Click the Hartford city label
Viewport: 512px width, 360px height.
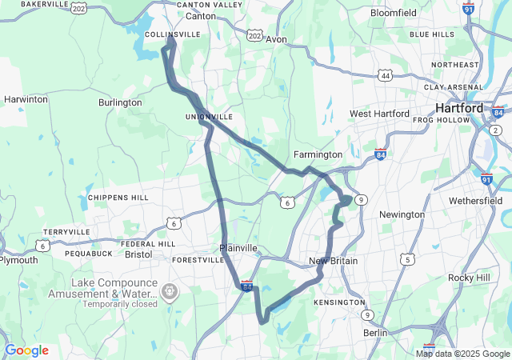pyautogui.click(x=459, y=108)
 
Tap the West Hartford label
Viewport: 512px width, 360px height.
pyautogui.click(x=380, y=114)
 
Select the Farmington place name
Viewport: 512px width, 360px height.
pyautogui.click(x=318, y=154)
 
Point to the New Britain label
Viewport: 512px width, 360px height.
pyautogui.click(x=334, y=262)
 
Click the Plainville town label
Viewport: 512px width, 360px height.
pyautogui.click(x=238, y=248)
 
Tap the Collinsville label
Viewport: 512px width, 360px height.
pyautogui.click(x=172, y=34)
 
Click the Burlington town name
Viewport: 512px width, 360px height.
pyautogui.click(x=119, y=103)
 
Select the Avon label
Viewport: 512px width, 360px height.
pyautogui.click(x=276, y=38)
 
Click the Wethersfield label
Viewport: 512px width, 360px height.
pyautogui.click(x=475, y=200)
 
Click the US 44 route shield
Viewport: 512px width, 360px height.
pyautogui.click(x=386, y=75)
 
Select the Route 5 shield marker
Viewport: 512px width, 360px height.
pyautogui.click(x=408, y=259)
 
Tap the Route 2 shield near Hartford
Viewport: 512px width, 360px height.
pyautogui.click(x=496, y=130)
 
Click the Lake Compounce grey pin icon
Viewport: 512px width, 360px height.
pyautogui.click(x=170, y=291)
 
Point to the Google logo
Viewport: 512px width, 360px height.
pyautogui.click(x=26, y=350)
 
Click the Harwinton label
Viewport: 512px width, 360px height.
pyautogui.click(x=26, y=99)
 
